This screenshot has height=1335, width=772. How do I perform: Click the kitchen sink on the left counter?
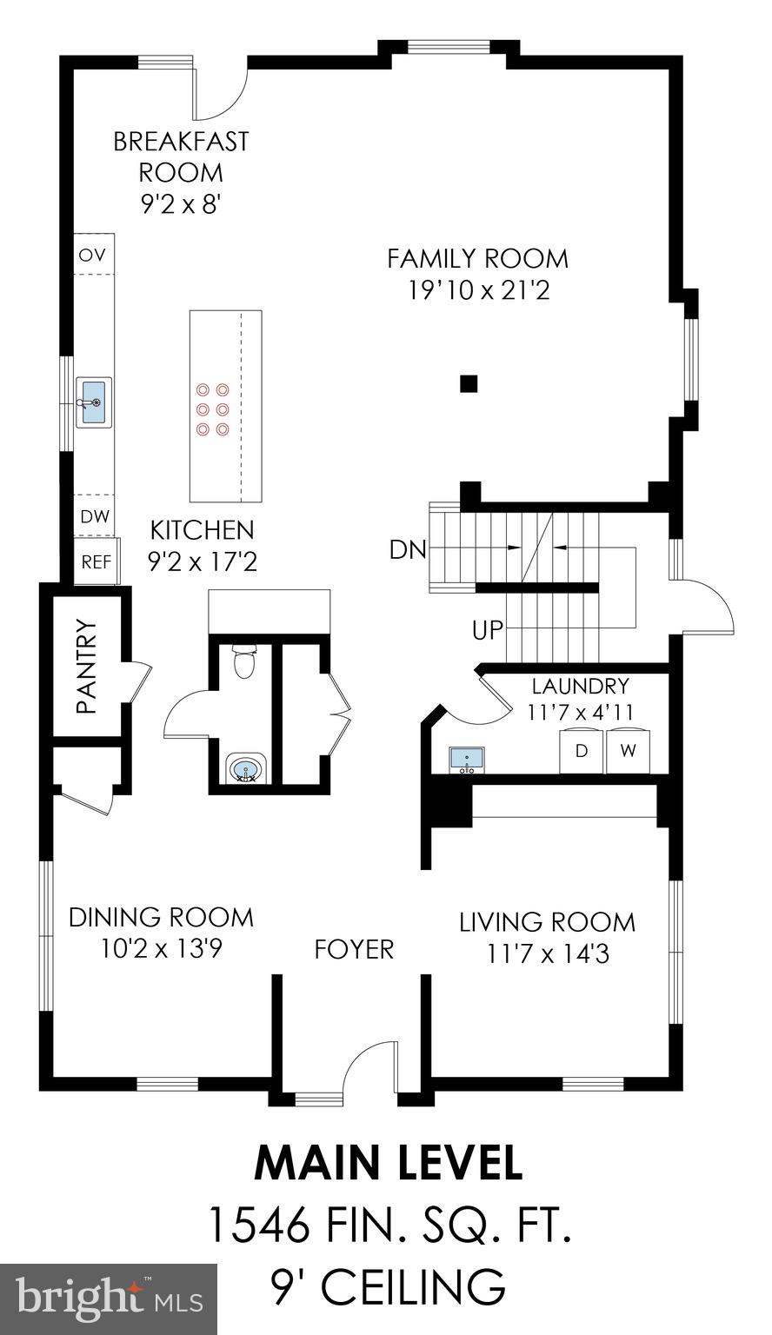tap(94, 402)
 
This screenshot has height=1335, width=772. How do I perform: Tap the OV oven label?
tap(92, 255)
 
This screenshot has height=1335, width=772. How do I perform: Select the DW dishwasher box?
tap(95, 516)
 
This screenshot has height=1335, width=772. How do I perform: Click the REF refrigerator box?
tap(96, 562)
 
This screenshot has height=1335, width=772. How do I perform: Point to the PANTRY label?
tap(85, 666)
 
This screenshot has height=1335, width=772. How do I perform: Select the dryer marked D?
tap(581, 748)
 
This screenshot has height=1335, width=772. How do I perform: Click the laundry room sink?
tap(467, 760)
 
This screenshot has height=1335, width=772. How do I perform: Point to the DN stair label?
tap(407, 550)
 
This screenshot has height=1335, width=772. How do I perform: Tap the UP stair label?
tap(488, 629)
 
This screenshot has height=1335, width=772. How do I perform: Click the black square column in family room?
tap(469, 382)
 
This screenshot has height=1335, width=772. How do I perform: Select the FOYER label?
tap(354, 948)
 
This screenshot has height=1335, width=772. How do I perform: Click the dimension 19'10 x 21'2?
tap(478, 290)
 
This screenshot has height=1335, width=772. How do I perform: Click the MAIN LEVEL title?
tap(388, 1163)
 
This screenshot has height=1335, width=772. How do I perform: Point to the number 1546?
tap(259, 1225)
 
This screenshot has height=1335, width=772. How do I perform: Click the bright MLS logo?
tap(109, 1298)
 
